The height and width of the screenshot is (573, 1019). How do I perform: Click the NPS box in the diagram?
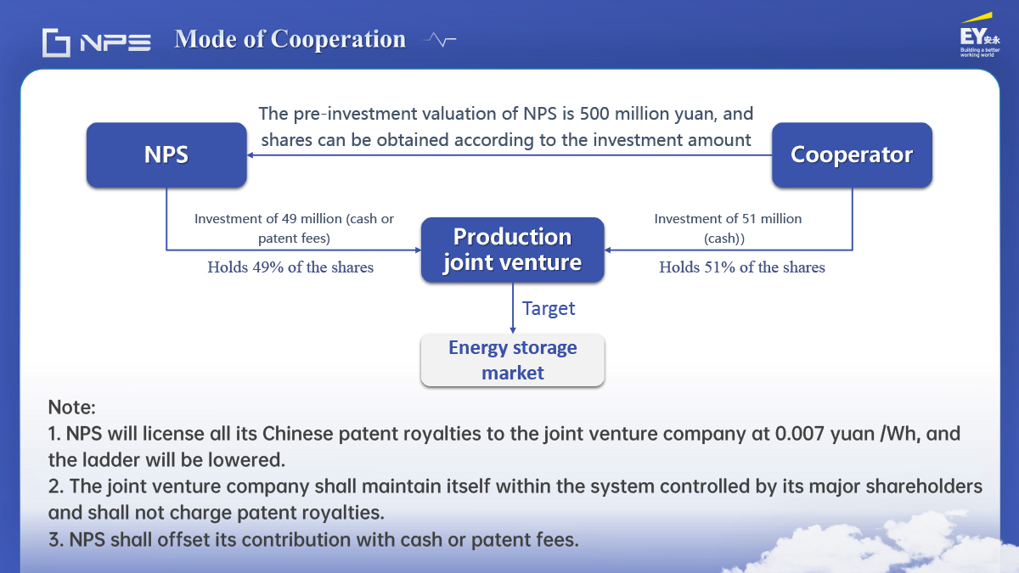[166, 154]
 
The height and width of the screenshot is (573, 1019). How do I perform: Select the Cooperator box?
[852, 154]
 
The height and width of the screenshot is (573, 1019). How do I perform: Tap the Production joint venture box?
[513, 250]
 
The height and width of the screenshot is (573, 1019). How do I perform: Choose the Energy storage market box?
[513, 360]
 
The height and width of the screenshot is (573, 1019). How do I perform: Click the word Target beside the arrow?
[549, 309]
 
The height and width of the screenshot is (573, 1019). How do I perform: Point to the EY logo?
[980, 36]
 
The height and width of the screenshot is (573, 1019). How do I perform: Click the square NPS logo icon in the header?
[56, 42]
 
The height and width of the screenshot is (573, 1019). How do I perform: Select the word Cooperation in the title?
[338, 40]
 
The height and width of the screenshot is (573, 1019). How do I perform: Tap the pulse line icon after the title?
[440, 40]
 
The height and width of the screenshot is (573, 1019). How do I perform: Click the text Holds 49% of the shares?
[290, 267]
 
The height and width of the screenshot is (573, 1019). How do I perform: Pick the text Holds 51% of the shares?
[742, 267]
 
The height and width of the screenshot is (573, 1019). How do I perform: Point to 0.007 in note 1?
[799, 434]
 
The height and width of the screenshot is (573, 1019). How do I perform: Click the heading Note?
[72, 407]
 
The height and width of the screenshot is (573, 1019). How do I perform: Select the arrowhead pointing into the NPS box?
[251, 155]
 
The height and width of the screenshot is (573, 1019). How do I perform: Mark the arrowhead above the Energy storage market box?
[513, 330]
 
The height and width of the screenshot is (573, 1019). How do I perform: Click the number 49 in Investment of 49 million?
[290, 219]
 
